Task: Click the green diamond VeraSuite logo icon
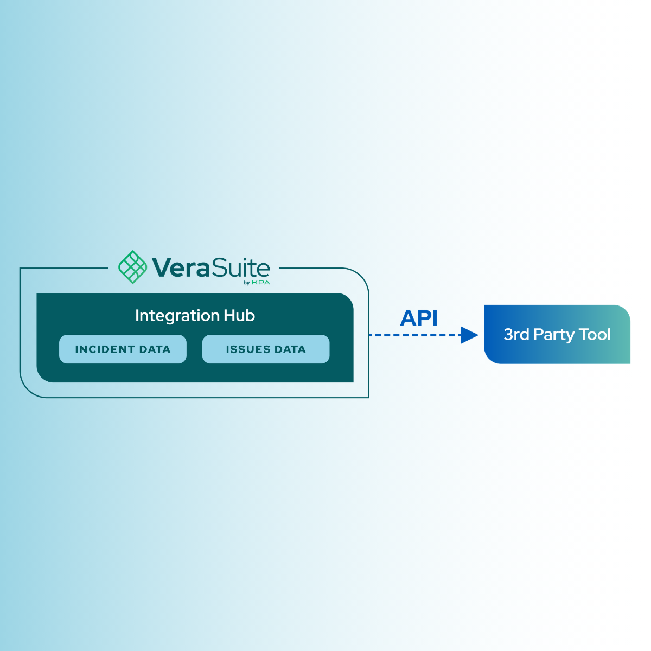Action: point(132,267)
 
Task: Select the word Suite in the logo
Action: point(241,267)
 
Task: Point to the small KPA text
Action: point(261,282)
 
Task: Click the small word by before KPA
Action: point(246,283)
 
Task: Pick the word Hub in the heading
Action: point(239,316)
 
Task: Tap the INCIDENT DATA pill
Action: point(123,349)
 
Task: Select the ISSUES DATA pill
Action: point(266,349)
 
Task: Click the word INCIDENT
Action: point(105,349)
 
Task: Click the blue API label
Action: point(419,318)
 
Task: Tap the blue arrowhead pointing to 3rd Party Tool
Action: point(470,335)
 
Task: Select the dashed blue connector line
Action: point(415,335)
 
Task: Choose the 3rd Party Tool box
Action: point(557,334)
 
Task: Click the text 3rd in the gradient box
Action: point(516,335)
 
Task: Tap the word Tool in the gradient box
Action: point(595,335)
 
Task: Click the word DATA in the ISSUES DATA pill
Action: point(290,349)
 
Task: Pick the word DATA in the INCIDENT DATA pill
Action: point(155,349)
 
